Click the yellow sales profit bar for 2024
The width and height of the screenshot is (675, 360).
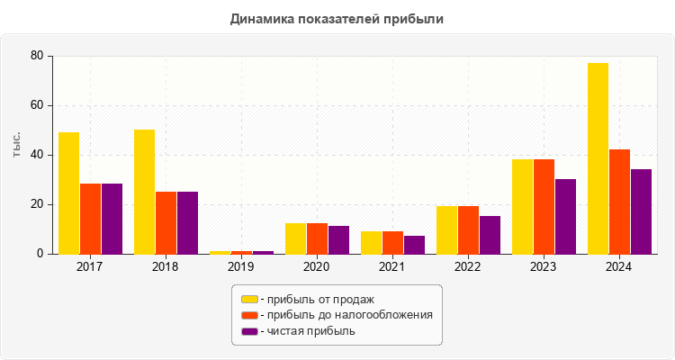[598, 158]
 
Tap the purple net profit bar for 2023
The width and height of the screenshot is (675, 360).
[565, 216]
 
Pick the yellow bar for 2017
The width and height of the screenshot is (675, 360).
[68, 193]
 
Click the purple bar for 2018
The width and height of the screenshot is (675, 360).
[187, 222]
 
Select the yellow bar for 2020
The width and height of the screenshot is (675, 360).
[295, 238]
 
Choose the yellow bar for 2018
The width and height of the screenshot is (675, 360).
[144, 192]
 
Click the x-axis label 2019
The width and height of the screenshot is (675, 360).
[240, 267]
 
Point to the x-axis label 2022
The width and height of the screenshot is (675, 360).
[467, 267]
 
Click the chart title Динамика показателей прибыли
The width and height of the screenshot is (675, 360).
[337, 18]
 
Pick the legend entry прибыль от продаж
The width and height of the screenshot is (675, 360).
[316, 299]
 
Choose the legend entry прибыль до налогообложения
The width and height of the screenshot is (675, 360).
[346, 315]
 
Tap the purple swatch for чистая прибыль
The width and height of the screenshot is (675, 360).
[249, 331]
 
